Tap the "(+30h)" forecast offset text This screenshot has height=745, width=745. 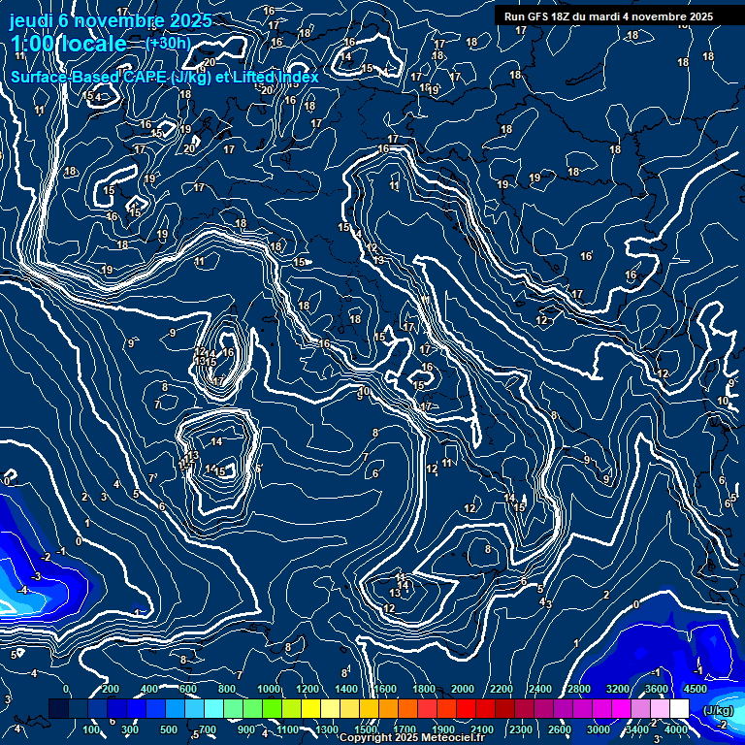click(168, 44)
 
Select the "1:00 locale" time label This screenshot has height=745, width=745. click(68, 44)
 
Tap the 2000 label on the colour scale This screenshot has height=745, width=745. click(463, 689)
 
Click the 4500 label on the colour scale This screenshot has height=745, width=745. click(695, 689)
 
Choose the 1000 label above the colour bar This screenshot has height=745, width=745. click(268, 689)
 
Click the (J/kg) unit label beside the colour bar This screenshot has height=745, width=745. click(718, 710)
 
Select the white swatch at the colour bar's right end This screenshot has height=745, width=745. click(679, 710)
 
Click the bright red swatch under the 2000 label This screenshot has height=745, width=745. click(465, 710)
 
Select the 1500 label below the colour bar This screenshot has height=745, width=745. click(367, 729)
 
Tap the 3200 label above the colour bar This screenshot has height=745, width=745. click(618, 689)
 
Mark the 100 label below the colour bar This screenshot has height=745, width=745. click(91, 729)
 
